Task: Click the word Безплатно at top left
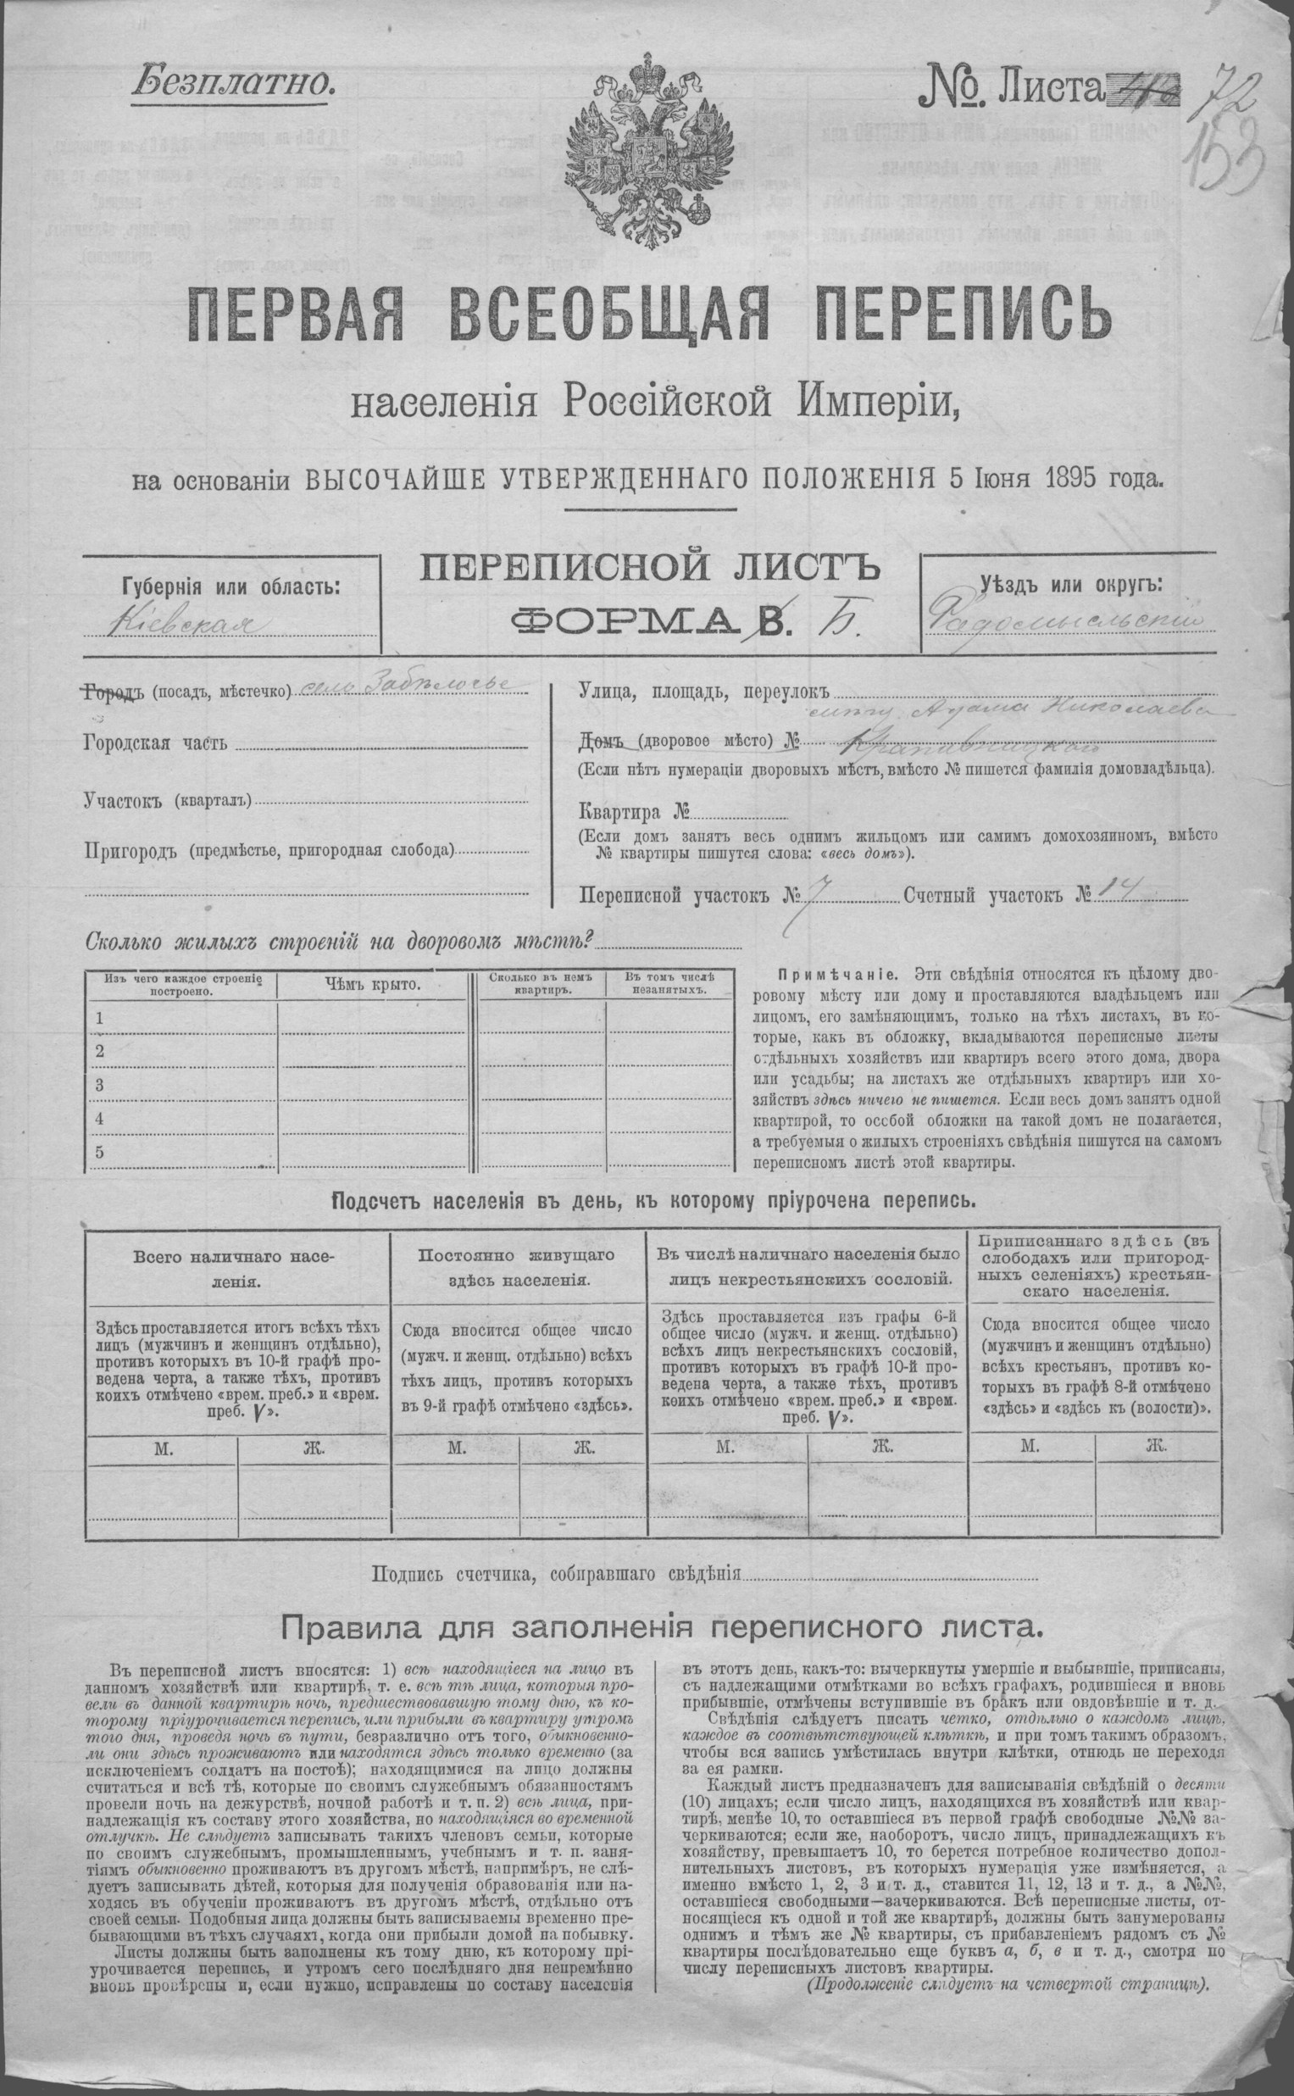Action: [x=230, y=84]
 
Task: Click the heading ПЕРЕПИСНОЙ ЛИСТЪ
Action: [x=648, y=567]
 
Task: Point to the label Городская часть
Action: [x=156, y=741]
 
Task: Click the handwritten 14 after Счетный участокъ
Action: [x=1114, y=892]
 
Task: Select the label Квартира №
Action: [x=634, y=812]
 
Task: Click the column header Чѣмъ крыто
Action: [x=371, y=984]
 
